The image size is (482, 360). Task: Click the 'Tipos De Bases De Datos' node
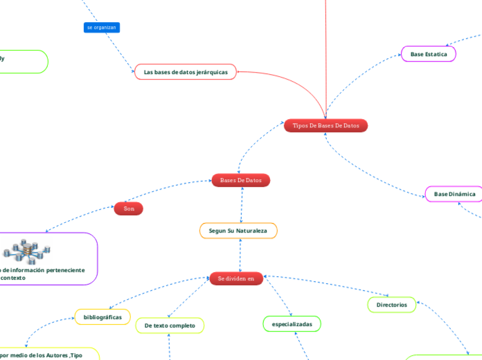[325, 126]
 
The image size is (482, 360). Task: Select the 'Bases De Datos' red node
[240, 180]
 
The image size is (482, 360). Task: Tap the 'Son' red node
[128, 208]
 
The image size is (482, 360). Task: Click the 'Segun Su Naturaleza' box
[238, 231]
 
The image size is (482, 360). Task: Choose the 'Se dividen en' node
[236, 278]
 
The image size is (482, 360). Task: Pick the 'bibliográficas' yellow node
[102, 317]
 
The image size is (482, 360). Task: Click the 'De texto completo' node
[170, 325]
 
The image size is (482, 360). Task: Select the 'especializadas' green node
[292, 324]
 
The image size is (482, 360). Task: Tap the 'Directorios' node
[391, 305]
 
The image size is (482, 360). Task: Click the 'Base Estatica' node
[428, 54]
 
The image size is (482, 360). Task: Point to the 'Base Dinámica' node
[454, 195]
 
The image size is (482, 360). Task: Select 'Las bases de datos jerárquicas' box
[185, 72]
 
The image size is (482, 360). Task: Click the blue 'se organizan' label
[102, 28]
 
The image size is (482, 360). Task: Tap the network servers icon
[28, 252]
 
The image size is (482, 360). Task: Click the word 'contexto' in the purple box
[12, 278]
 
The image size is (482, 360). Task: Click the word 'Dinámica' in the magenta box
[462, 195]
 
